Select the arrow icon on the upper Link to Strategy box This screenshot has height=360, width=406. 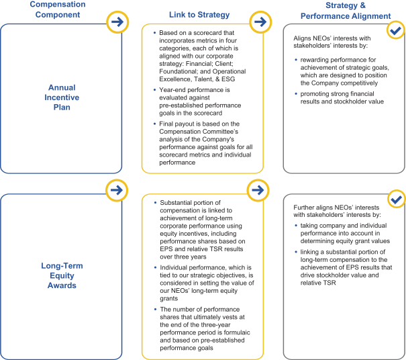click(x=259, y=22)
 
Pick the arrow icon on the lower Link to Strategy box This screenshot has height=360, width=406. click(x=259, y=191)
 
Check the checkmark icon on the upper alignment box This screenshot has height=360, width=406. click(x=396, y=31)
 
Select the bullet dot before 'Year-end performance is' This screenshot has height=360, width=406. click(x=154, y=88)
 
